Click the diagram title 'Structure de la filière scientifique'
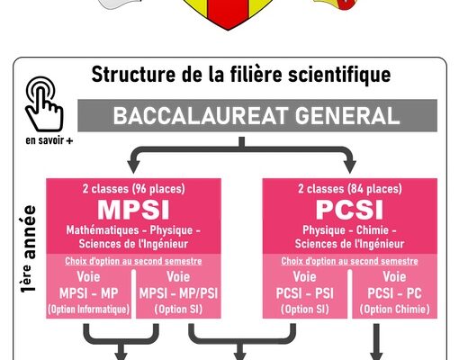[x=241, y=75]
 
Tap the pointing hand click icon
[x=44, y=103]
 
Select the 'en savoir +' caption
[x=49, y=140]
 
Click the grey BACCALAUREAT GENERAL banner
[x=257, y=115]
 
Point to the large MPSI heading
[x=133, y=210]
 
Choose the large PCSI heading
[x=350, y=210]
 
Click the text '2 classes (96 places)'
[x=134, y=189]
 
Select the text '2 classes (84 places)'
[x=350, y=189]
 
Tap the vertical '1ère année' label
[x=29, y=248]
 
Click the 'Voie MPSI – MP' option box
[x=89, y=293]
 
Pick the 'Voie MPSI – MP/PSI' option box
[x=178, y=293]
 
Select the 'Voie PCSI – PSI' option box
[x=305, y=293]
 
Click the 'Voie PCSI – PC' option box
[x=394, y=293]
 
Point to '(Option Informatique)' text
[x=89, y=310]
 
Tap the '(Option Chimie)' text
[x=394, y=310]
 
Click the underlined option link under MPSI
[x=133, y=261]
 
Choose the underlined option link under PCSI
[x=349, y=261]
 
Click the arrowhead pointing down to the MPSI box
[x=133, y=166]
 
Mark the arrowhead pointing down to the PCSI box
[x=349, y=166]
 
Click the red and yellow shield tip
[x=228, y=30]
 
